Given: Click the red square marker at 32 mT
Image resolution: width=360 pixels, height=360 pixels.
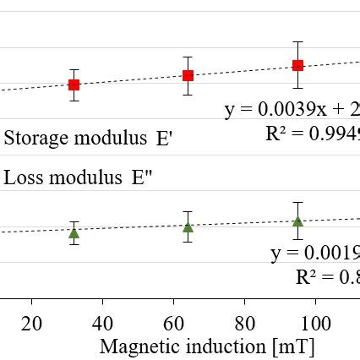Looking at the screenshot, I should coord(74,85).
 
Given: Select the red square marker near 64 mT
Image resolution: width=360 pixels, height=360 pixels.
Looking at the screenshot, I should coord(188,75).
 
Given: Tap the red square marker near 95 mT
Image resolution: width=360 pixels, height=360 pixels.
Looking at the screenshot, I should coord(297,65).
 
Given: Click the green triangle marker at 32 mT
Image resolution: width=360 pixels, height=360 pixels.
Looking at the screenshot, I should coord(74,233).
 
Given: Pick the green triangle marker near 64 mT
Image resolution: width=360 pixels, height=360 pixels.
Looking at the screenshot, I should coord(188,226).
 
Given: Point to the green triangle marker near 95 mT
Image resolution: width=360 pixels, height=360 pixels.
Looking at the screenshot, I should coord(297,221).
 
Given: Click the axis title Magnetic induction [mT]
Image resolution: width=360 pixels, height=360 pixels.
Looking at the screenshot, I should coord(207,346).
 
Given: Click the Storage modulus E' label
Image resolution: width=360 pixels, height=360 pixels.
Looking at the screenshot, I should coord(88,139).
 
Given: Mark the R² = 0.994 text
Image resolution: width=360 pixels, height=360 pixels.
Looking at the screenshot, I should coord(312,134).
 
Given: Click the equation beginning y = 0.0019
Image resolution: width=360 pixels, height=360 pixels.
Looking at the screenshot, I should coord(315,254).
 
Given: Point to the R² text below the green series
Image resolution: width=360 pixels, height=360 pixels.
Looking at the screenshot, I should coord(327,277).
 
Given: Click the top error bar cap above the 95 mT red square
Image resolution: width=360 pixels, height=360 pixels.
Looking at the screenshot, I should coord(297,41).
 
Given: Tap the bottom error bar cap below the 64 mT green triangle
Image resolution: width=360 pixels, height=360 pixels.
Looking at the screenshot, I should coord(188,243).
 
